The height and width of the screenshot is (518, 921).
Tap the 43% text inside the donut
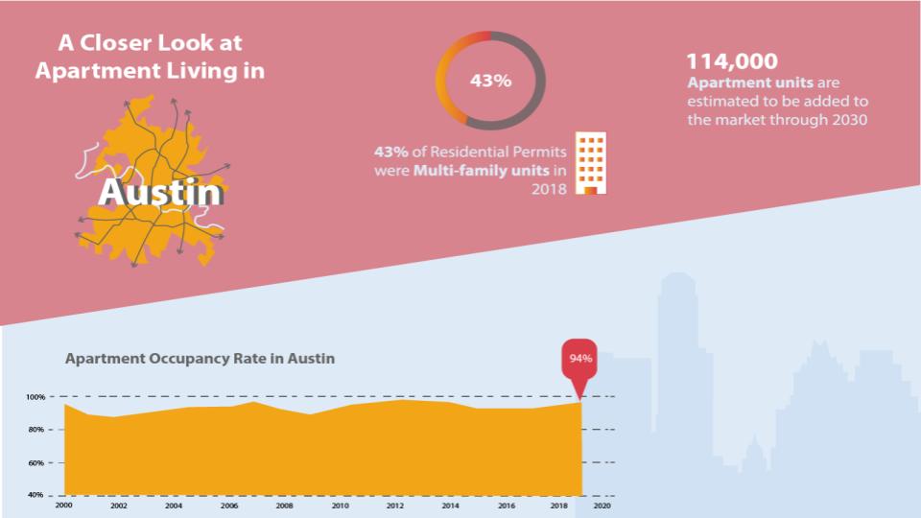(x=490, y=81)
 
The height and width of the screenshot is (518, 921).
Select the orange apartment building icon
(x=591, y=164)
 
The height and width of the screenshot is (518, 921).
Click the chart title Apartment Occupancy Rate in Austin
(x=200, y=359)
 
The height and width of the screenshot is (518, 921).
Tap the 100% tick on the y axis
(x=36, y=397)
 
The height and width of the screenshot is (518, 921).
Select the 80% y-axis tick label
(x=36, y=430)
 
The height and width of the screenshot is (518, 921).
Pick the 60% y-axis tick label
(x=36, y=463)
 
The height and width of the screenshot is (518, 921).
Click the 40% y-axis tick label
(x=36, y=496)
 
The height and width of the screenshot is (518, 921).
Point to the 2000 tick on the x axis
(x=64, y=506)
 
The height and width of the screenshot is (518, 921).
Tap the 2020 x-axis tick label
(x=602, y=506)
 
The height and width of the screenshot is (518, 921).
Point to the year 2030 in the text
(x=848, y=120)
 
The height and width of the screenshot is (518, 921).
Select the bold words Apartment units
(x=750, y=82)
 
